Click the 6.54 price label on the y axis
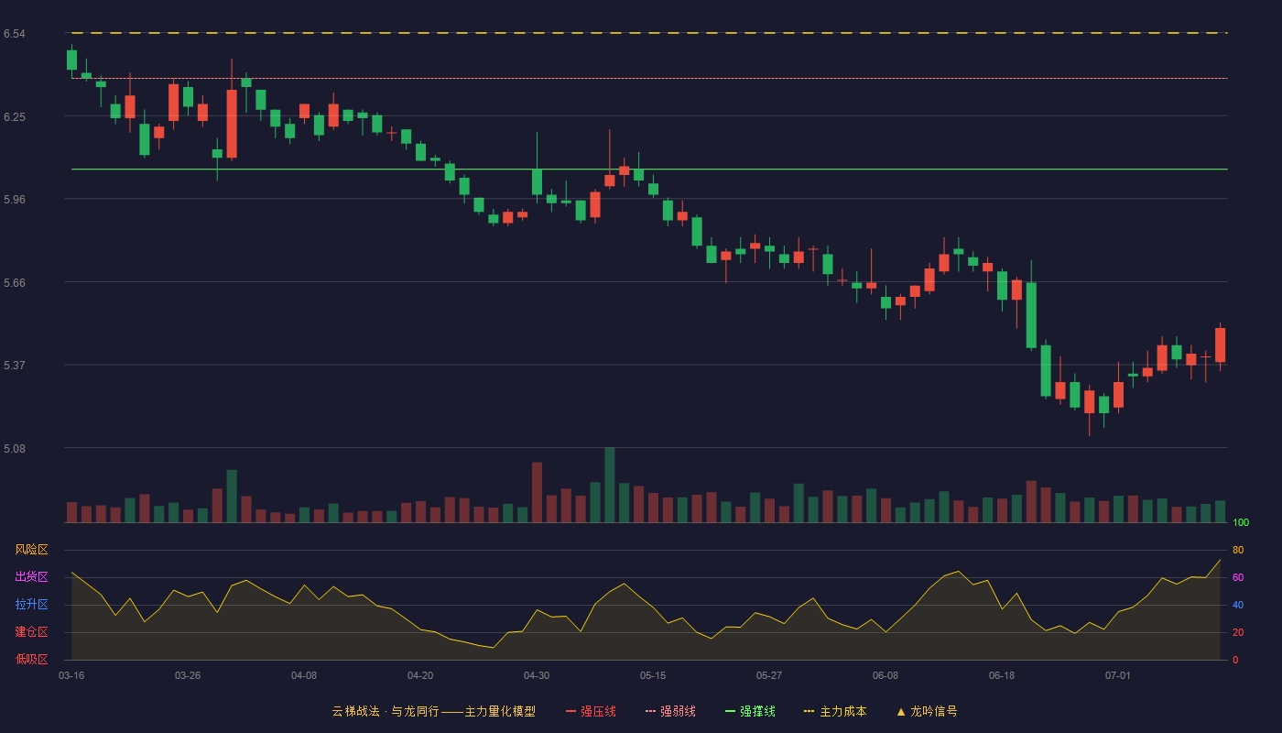click(x=15, y=34)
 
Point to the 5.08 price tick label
click(x=15, y=448)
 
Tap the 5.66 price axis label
click(x=15, y=283)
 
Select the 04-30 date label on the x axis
click(x=537, y=676)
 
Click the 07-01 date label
click(x=1118, y=676)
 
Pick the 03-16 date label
click(x=71, y=676)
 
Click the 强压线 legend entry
click(x=591, y=711)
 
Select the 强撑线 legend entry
click(x=750, y=711)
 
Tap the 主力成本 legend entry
click(x=835, y=711)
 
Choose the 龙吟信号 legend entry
click(x=927, y=711)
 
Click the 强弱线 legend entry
click(x=670, y=711)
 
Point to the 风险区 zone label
click(x=31, y=550)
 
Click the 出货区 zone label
click(x=31, y=576)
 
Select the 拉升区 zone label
click(x=31, y=604)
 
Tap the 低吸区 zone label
click(x=31, y=659)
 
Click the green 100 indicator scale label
click(x=1241, y=522)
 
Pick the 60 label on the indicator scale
click(x=1238, y=577)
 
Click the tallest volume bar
click(x=610, y=485)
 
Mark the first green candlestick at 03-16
click(x=71, y=60)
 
